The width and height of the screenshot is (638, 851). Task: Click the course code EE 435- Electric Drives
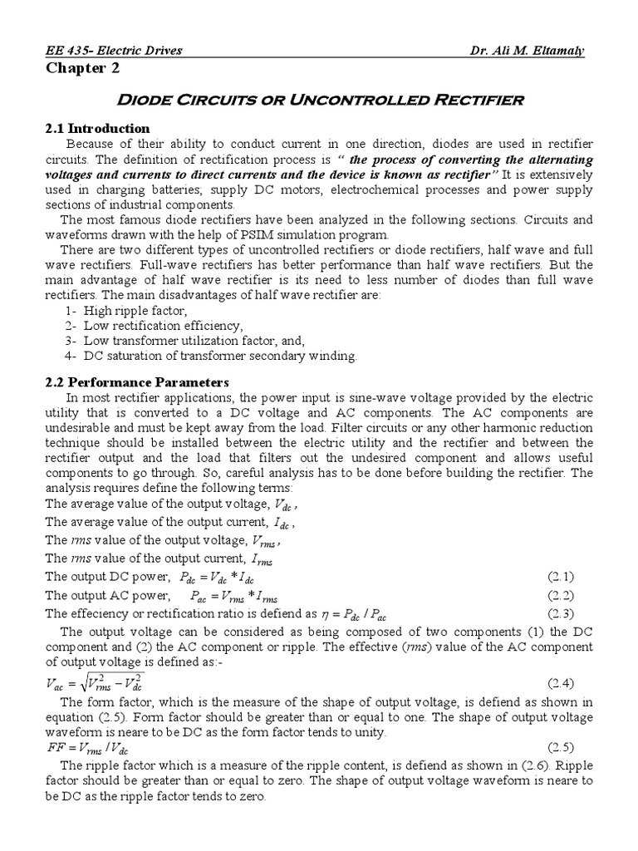[x=113, y=51]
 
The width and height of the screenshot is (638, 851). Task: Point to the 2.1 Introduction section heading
[x=97, y=128]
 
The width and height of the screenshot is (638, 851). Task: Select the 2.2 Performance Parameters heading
[x=136, y=382]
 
